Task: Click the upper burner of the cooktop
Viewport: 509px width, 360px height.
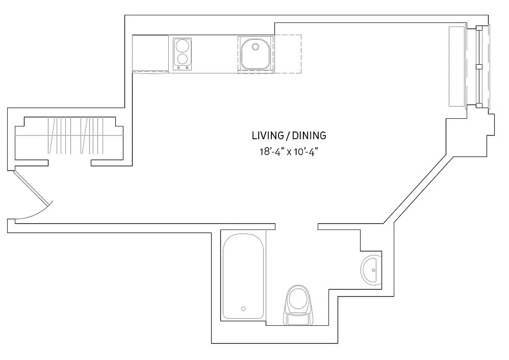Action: [x=182, y=46]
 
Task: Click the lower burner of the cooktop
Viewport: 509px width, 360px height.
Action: [x=182, y=59]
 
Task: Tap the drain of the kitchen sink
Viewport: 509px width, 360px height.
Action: [x=255, y=46]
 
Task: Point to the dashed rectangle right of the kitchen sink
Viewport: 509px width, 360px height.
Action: [x=288, y=54]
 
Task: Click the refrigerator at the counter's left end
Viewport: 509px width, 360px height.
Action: [x=150, y=53]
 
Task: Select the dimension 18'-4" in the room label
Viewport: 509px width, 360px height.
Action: [x=272, y=152]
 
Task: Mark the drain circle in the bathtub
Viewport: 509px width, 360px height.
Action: [x=243, y=309]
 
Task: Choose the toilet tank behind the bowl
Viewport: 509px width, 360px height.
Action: [x=298, y=319]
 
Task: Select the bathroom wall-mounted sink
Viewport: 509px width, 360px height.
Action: [x=372, y=270]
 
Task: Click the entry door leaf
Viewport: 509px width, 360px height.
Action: [x=32, y=186]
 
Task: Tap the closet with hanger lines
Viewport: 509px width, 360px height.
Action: [x=69, y=135]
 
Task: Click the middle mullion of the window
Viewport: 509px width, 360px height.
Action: [x=479, y=67]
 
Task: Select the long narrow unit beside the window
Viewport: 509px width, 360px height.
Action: [x=457, y=67]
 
